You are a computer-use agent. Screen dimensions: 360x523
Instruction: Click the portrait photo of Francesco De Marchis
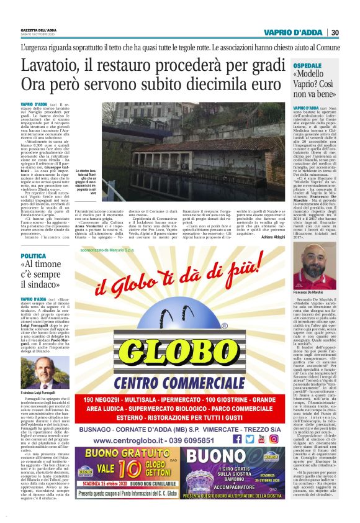[x=323, y=266]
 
